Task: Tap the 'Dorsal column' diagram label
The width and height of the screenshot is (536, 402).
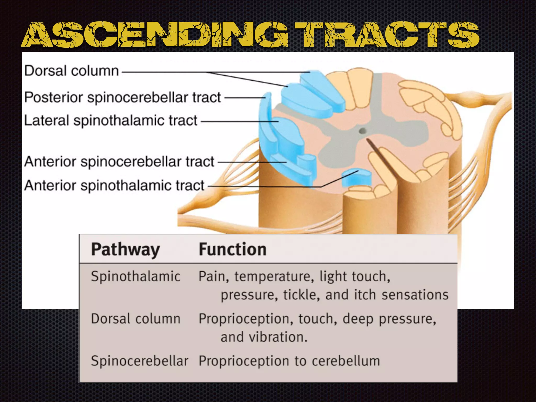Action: coord(71,71)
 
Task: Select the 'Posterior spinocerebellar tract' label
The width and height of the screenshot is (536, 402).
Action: coord(122,97)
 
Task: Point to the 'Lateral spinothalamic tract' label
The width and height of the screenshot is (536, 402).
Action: coord(110,121)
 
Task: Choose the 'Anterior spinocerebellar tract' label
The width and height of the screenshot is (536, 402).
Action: coord(119,161)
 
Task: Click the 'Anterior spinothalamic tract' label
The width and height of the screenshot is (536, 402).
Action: coord(114,186)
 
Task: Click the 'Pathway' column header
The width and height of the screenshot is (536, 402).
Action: coord(125,249)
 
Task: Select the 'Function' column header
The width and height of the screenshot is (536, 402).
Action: coord(232,249)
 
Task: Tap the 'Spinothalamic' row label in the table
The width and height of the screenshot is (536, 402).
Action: coord(136,276)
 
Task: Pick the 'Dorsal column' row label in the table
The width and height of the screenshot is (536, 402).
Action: coord(136,319)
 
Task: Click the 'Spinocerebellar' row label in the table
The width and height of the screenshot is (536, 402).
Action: coord(139,361)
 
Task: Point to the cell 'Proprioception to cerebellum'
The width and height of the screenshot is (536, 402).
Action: coord(289,361)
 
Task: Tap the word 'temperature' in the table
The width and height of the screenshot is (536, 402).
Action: coord(274,277)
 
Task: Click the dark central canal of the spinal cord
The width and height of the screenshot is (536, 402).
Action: coord(362,131)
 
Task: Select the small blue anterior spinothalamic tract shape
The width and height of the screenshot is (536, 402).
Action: coord(356,178)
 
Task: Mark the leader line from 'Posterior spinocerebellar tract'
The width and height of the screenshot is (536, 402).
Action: coord(245,98)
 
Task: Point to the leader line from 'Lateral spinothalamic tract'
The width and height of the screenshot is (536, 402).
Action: coord(239,121)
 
